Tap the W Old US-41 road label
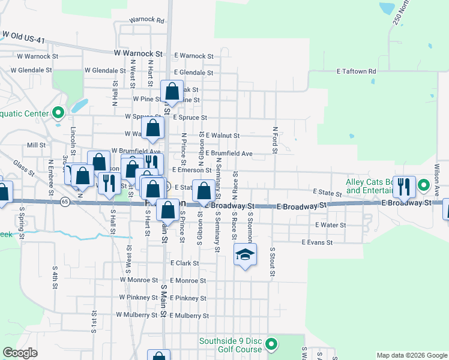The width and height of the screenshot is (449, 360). (25, 37)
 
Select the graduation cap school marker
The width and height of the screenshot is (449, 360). (245, 256)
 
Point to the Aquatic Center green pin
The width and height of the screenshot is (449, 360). (58, 112)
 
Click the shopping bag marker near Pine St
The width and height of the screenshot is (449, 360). (172, 92)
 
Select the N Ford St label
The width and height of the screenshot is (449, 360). (275, 139)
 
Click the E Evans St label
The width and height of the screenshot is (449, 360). (316, 242)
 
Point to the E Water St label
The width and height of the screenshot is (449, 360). (330, 225)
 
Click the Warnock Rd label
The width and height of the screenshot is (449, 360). (146, 20)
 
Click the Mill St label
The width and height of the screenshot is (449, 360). (37, 145)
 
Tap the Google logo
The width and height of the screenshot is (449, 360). (20, 353)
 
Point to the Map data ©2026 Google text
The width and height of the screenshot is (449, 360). (411, 355)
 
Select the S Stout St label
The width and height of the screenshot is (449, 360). (272, 261)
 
